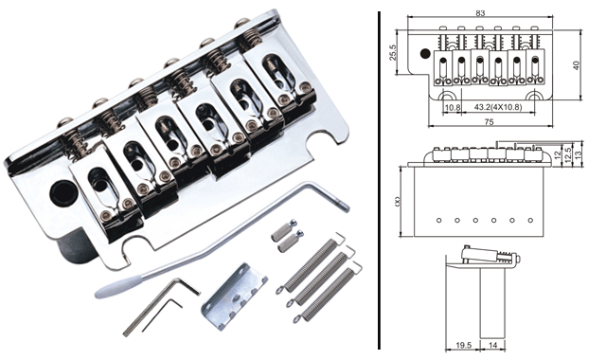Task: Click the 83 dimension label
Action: click(480, 13)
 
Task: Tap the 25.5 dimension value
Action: click(393, 53)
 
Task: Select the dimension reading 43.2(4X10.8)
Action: click(498, 107)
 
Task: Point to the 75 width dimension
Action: click(489, 122)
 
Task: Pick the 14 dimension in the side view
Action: click(492, 345)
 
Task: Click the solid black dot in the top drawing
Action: click(425, 53)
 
